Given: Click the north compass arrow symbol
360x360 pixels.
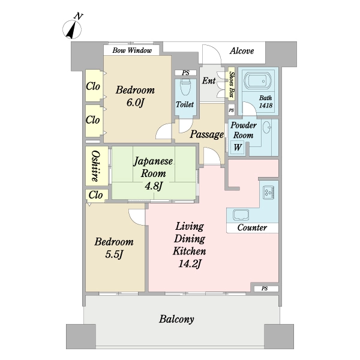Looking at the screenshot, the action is [72, 29].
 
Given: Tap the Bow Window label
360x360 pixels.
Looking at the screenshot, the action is [132, 50].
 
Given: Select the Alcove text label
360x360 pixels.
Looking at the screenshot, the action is [242, 51].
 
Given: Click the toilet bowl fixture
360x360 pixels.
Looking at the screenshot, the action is [185, 87].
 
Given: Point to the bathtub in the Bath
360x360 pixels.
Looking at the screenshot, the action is [258, 82].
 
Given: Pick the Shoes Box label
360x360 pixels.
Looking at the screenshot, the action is [232, 84].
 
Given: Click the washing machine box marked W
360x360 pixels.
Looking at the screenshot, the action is [238, 147].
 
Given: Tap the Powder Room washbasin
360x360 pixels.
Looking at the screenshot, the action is [267, 127].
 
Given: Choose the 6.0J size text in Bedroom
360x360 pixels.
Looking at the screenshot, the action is [135, 103].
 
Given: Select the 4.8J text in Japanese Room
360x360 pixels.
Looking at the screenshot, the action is [154, 186].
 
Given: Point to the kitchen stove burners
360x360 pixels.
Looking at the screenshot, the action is [268, 193].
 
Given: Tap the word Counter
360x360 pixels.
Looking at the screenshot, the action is [252, 227].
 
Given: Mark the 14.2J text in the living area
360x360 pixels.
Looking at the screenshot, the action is [190, 264].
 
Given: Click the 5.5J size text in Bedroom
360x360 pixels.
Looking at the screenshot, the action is [114, 254].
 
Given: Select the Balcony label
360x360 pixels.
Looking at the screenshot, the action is [176, 319].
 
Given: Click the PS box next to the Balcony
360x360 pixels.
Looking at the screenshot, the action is [266, 289].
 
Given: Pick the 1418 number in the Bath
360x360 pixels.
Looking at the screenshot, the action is [266, 105].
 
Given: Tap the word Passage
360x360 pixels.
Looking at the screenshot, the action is [206, 134].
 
